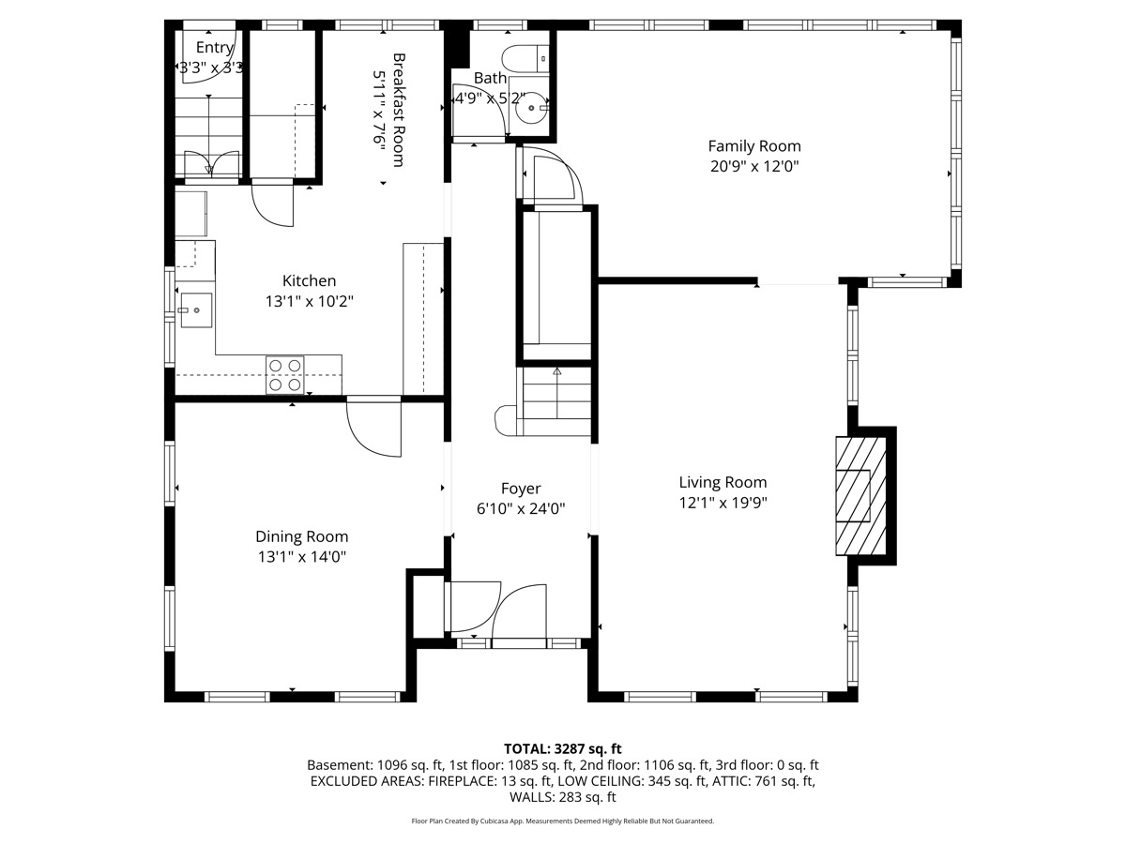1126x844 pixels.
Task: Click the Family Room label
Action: [x=754, y=146]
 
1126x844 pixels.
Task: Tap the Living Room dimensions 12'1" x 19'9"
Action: [x=723, y=503]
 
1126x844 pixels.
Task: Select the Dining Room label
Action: [x=301, y=536]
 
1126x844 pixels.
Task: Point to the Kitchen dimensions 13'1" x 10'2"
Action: [x=310, y=301]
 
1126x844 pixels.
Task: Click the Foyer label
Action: [x=521, y=489]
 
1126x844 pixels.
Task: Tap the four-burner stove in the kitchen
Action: [x=284, y=375]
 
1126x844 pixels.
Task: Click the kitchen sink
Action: [x=196, y=310]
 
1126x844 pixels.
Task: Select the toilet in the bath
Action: [x=525, y=58]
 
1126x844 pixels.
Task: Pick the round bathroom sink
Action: [x=531, y=108]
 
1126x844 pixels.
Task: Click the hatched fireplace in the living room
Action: [x=860, y=495]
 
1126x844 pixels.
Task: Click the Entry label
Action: [x=215, y=48]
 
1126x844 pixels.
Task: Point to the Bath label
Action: [x=490, y=79]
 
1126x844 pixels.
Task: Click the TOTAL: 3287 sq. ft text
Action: [x=563, y=748]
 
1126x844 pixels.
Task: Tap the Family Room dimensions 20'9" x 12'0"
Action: [x=754, y=167]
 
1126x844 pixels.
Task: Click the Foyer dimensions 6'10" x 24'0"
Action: [x=521, y=509]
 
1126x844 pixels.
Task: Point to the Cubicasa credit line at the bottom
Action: [x=563, y=821]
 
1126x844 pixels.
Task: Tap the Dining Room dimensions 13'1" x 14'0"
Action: [x=302, y=556]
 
